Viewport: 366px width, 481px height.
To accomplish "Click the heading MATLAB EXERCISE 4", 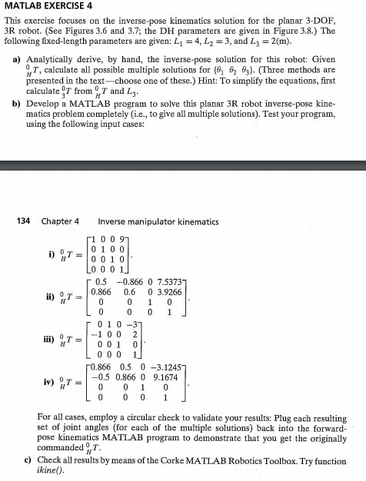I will (x=52, y=8).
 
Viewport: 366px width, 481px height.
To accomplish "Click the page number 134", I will (x=26, y=221).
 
